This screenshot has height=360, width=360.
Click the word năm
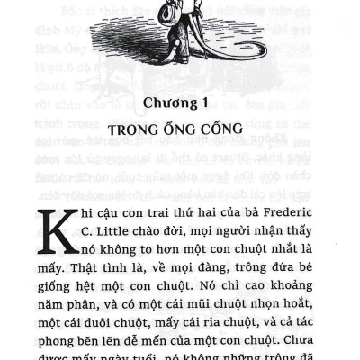point(57,326)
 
